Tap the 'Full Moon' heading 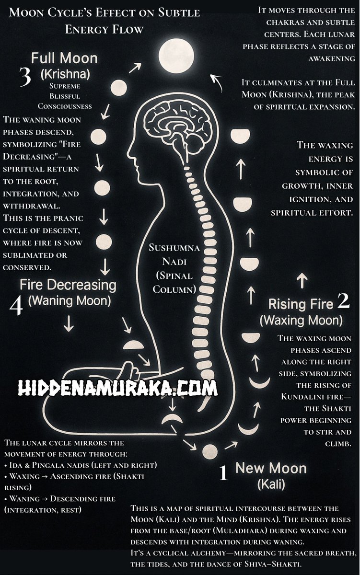[64, 59]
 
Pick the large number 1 [223, 473]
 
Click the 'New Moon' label [271, 468]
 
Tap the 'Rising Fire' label [301, 304]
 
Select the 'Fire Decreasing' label [68, 285]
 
